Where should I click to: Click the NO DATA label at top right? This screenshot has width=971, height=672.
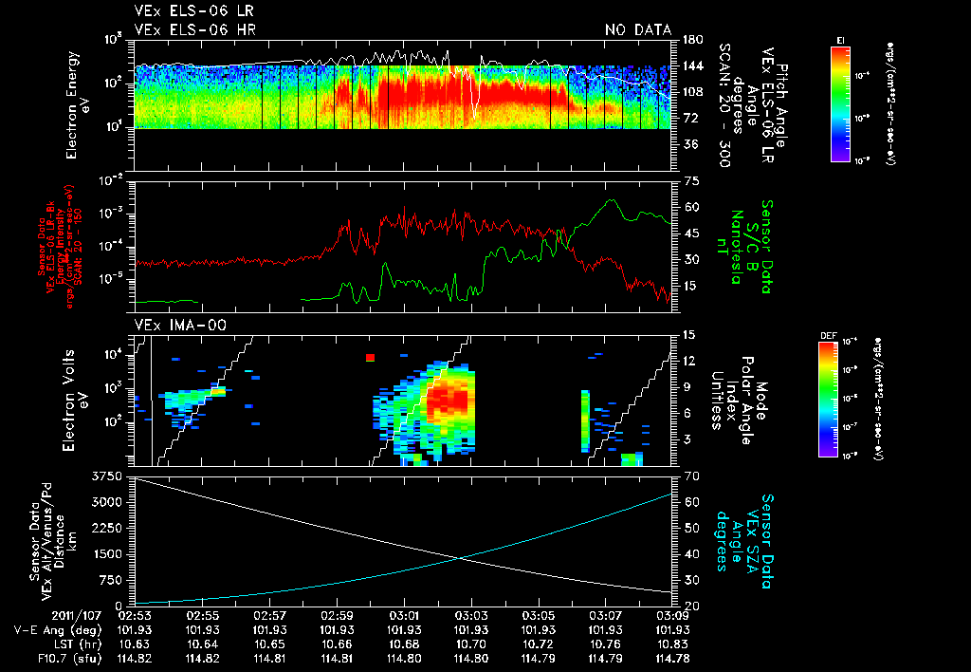click(x=638, y=30)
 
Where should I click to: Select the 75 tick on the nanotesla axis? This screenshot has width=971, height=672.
click(x=689, y=180)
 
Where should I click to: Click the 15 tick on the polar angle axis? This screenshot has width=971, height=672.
click(x=688, y=335)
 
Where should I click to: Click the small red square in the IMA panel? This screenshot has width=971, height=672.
click(x=370, y=358)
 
